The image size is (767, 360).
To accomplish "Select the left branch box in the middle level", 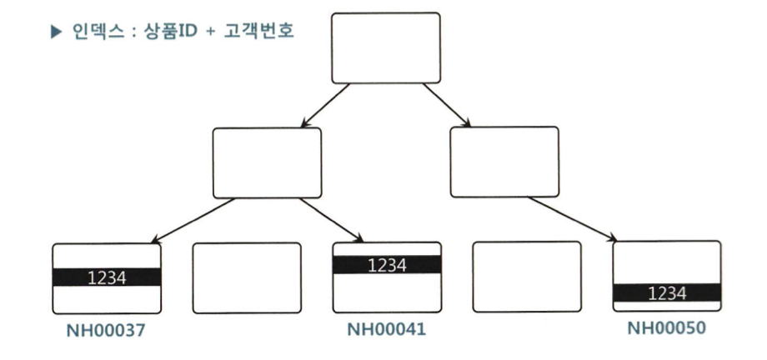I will [266, 162].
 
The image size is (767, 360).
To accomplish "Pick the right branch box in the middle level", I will [504, 162].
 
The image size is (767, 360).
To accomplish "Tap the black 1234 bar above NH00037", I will [107, 277].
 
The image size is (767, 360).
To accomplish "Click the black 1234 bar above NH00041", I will [387, 265].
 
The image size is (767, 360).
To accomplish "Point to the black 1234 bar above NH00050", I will [666, 292].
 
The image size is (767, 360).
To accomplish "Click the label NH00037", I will [107, 331].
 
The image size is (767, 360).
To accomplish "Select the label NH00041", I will [387, 331].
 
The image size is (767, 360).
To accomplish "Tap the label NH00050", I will [666, 328].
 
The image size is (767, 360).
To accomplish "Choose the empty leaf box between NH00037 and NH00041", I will [247, 278].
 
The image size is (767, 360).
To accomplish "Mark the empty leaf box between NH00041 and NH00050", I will [526, 277].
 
